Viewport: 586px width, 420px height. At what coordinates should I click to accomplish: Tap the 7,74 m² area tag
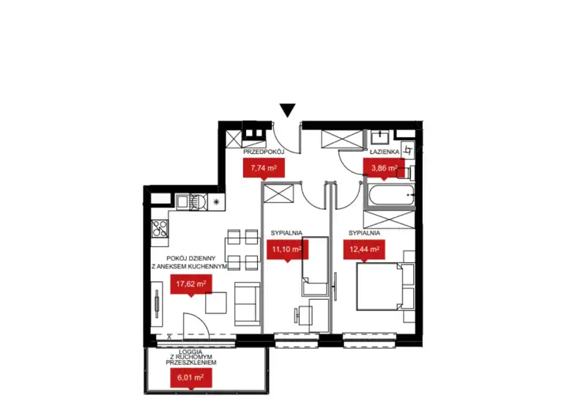click(264, 169)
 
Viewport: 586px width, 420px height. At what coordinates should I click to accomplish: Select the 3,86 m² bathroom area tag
click(384, 169)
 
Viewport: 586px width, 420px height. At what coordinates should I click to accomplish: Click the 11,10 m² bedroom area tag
click(287, 250)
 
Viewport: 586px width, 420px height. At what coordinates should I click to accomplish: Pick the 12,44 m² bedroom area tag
click(364, 250)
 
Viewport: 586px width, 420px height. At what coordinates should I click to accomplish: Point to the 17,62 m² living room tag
click(191, 284)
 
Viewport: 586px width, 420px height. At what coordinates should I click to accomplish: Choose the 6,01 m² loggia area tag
click(191, 378)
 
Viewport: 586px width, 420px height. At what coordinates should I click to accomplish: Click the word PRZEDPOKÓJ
click(264, 152)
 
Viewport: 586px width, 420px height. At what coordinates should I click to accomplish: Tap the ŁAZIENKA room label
click(385, 152)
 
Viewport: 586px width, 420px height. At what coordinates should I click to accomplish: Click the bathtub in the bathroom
click(391, 194)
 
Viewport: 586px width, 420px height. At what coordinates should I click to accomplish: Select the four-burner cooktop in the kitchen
click(160, 229)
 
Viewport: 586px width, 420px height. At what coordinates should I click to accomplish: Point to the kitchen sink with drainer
click(191, 202)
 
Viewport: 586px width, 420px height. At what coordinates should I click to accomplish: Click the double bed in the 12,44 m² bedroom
click(385, 287)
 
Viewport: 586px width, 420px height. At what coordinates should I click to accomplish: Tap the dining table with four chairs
click(242, 250)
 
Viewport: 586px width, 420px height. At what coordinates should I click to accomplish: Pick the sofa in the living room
click(247, 304)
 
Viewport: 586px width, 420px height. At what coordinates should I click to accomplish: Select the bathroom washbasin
click(380, 137)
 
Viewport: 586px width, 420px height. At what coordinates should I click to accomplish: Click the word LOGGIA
click(190, 352)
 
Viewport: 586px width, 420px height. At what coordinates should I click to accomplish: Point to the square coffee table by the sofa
click(216, 303)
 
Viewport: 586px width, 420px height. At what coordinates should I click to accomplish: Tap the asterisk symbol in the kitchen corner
click(216, 202)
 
